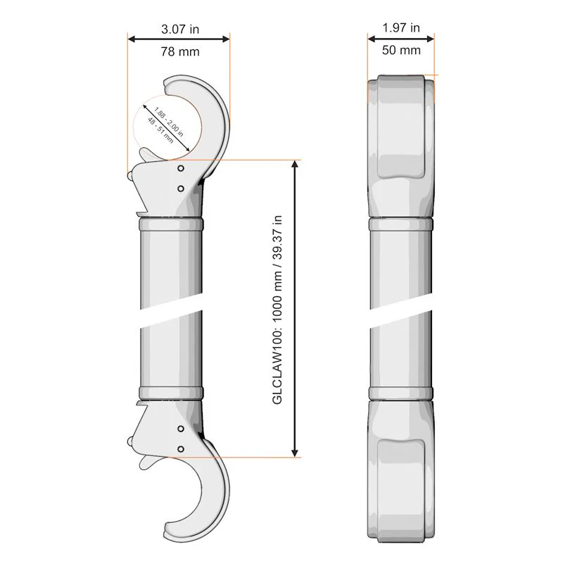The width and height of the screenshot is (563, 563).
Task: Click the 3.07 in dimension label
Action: click(x=180, y=29)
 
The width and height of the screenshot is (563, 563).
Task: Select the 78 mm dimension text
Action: click(x=180, y=51)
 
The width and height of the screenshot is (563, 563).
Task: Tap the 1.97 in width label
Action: click(x=401, y=27)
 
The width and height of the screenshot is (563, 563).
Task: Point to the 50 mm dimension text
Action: click(x=401, y=50)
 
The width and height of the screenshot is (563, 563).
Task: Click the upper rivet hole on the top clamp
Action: click(x=181, y=169)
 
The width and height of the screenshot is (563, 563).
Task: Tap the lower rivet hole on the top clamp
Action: click(x=181, y=188)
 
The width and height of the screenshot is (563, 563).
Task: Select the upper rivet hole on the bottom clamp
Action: click(x=181, y=429)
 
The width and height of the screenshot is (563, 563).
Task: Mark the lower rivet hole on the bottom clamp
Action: click(x=181, y=448)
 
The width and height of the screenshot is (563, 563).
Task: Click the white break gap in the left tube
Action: click(x=171, y=317)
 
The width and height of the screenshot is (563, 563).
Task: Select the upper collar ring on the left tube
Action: click(x=171, y=224)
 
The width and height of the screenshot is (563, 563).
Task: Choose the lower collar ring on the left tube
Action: click(x=171, y=393)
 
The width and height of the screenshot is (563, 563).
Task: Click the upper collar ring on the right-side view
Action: click(x=400, y=224)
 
